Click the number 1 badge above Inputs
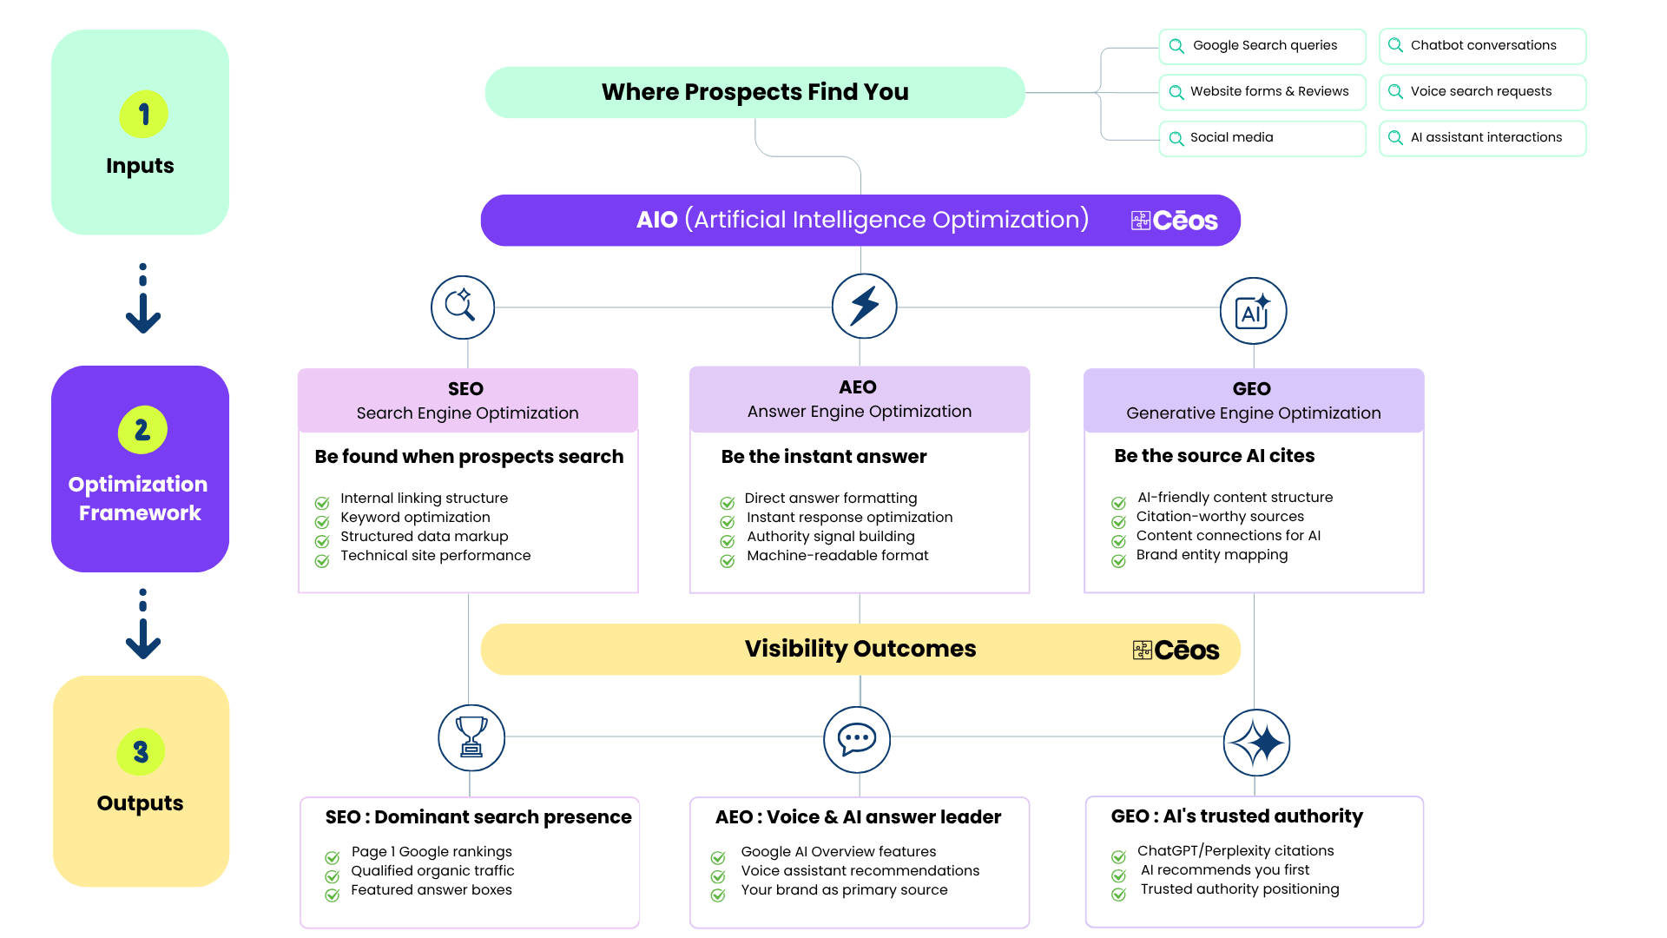click(143, 114)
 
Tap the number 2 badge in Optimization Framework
click(142, 429)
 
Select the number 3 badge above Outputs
click(141, 751)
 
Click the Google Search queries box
click(1262, 46)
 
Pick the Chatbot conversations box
click(1482, 46)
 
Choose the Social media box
click(1262, 138)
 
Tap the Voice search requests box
click(1482, 92)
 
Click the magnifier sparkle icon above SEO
click(463, 307)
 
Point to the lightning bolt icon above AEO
click(864, 306)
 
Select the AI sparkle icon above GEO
click(1253, 311)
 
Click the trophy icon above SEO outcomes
click(471, 737)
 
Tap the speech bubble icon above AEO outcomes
click(857, 739)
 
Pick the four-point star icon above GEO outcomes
click(1256, 743)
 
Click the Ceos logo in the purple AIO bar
click(1175, 221)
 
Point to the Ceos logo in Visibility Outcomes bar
click(1176, 650)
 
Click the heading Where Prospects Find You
click(754, 92)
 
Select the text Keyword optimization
click(415, 518)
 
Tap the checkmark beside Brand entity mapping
click(1118, 561)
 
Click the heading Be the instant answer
click(824, 457)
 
